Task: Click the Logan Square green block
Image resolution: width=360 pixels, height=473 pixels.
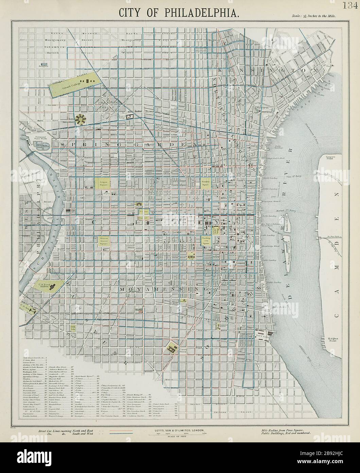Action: (x=104, y=184)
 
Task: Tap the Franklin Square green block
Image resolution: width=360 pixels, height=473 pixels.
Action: (x=206, y=183)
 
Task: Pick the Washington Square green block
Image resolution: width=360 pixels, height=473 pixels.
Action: (x=207, y=241)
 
